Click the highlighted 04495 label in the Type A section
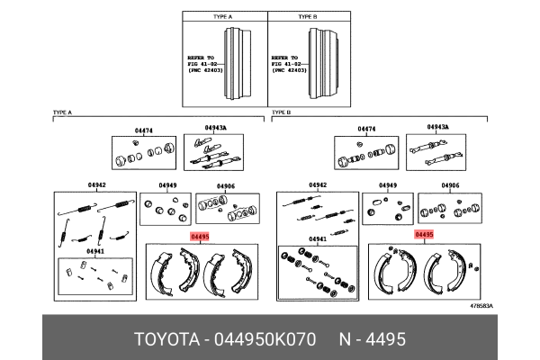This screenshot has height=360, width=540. pos(200,237)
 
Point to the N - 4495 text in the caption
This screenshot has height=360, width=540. pos(372,339)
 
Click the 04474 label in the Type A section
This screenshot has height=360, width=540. pos(144,130)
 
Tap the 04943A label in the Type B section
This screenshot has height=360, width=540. pos(440,128)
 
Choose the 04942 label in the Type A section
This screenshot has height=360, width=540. pos(96,185)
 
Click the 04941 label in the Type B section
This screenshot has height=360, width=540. pos(317,239)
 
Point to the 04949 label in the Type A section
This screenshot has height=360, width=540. pos(167,185)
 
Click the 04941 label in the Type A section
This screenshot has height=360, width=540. pos(94,252)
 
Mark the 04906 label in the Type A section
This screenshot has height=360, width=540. pos(226,185)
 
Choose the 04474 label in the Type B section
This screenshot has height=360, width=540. pos(366,130)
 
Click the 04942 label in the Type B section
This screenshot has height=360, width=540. pos(317,185)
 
